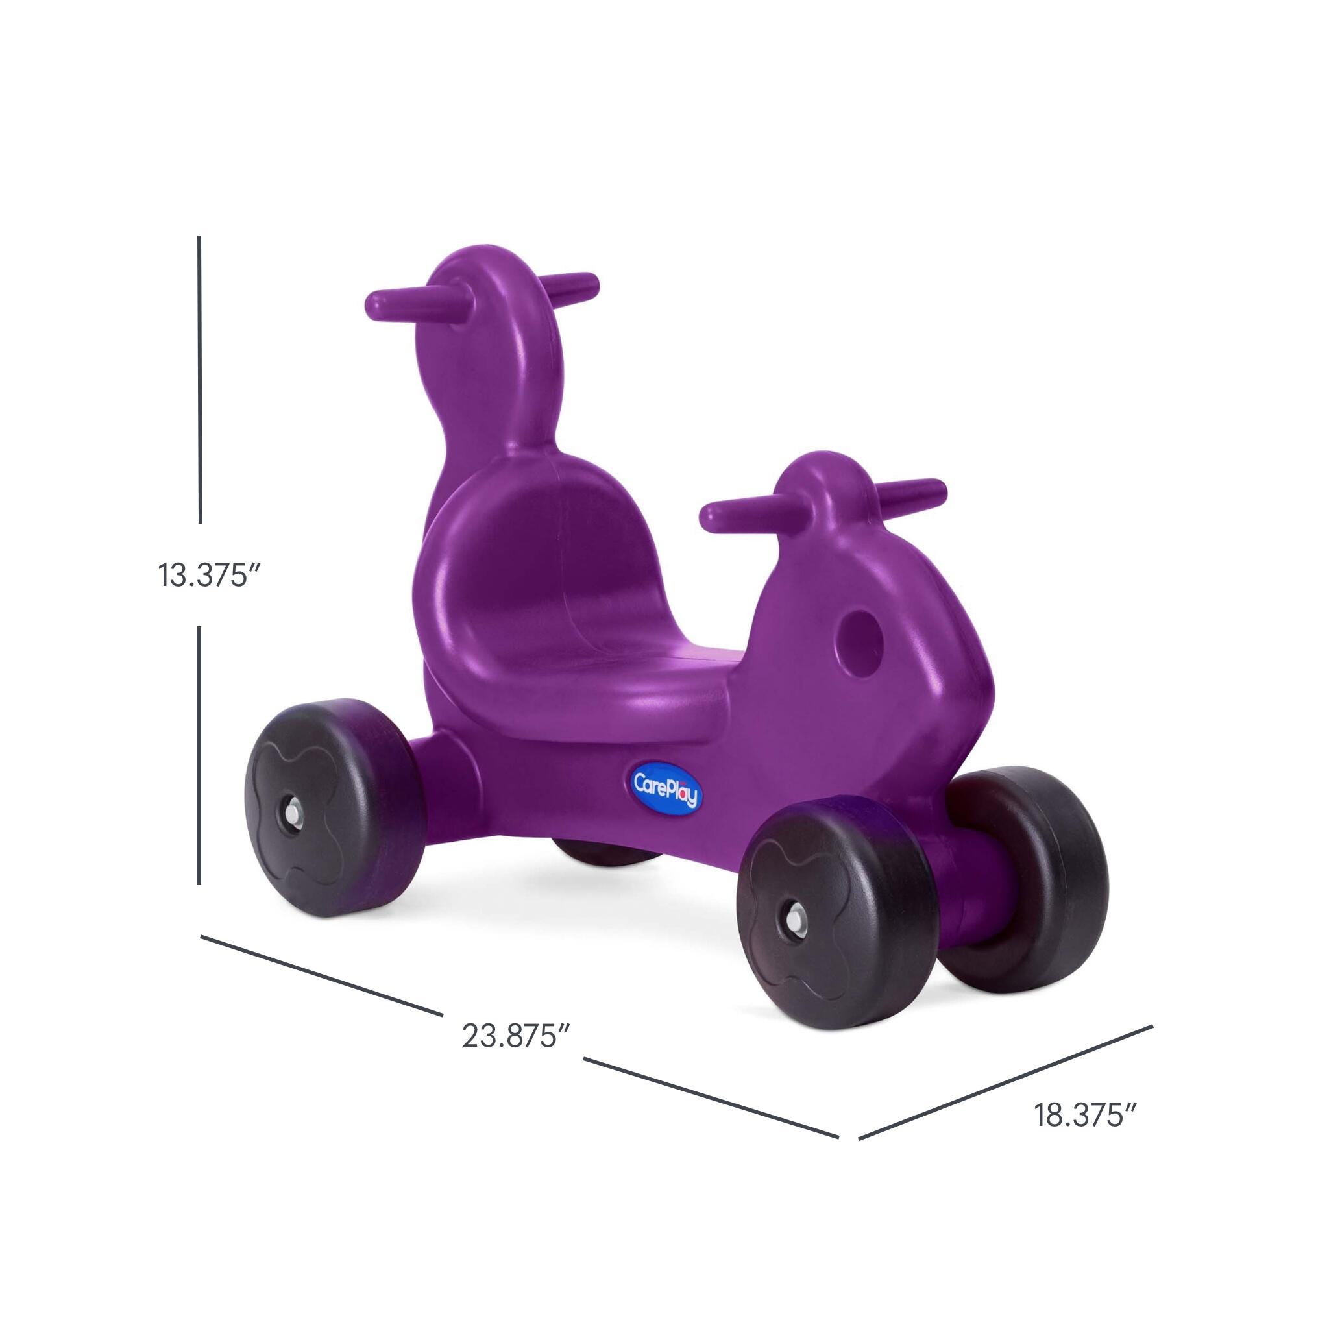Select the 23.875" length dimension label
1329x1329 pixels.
tap(518, 1053)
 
